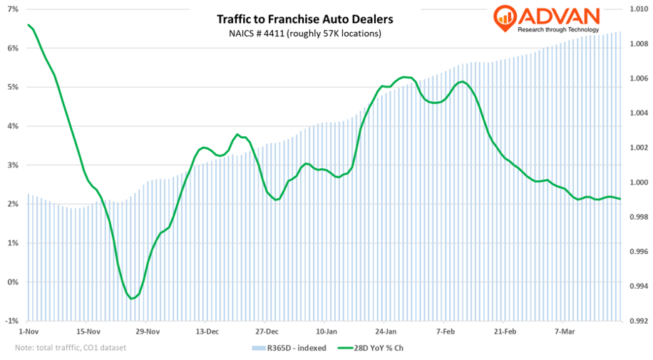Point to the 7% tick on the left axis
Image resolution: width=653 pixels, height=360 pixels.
pyautogui.click(x=14, y=9)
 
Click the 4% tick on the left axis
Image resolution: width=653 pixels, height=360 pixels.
pyautogui.click(x=14, y=126)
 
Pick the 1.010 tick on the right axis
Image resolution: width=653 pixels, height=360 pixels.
pyautogui.click(x=637, y=9)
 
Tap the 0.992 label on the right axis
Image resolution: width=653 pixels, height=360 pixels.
pyautogui.click(x=637, y=321)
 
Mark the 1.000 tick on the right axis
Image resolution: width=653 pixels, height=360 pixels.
pyautogui.click(x=637, y=182)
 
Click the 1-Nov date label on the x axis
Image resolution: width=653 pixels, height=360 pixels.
pyautogui.click(x=29, y=331)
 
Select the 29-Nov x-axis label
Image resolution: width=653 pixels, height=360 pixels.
pyautogui.click(x=147, y=331)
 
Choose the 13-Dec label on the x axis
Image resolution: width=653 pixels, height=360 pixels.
pyautogui.click(x=207, y=331)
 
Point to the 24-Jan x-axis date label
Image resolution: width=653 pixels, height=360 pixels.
pyautogui.click(x=386, y=331)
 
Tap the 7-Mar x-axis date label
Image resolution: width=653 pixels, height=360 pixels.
pyautogui.click(x=565, y=331)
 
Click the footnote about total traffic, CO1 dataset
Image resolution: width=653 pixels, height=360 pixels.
pyautogui.click(x=70, y=348)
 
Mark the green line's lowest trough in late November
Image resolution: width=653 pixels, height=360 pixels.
pyautogui.click(x=132, y=299)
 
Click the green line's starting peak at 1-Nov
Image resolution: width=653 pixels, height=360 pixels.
pyautogui.click(x=29, y=25)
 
